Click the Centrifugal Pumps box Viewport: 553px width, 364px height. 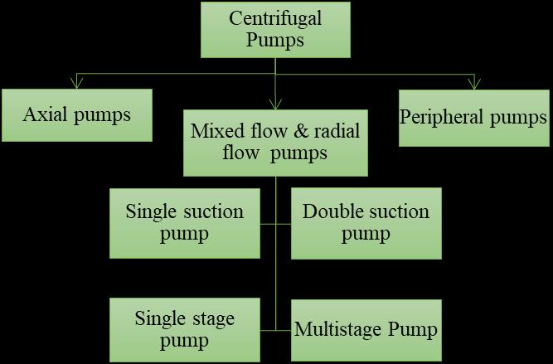tap(276, 28)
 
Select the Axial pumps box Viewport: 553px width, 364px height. tap(76, 114)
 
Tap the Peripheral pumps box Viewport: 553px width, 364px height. tap(473, 116)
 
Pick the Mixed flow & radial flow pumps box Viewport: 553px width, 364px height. tap(275, 142)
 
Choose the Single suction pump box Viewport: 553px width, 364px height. tap(184, 221)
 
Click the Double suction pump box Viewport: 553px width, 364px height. tap(366, 221)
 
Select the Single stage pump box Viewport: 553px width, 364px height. tap(184, 328)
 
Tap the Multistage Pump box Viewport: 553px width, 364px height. tap(366, 329)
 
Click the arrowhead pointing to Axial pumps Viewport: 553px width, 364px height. tap(77, 81)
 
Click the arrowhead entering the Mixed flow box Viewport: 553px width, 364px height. tap(276, 104)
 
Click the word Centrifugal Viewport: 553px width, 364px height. tap(276, 18)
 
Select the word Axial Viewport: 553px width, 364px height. tap(46, 114)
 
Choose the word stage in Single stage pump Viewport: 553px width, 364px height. tap(211, 318)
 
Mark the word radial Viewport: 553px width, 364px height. tap(332, 131)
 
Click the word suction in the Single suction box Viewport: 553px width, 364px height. tap(215, 211)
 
